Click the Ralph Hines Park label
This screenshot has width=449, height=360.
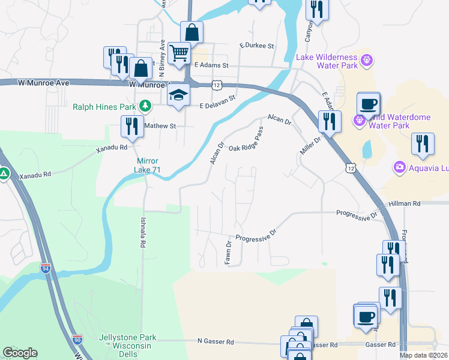(104, 107)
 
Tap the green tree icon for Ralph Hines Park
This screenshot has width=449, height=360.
(145, 106)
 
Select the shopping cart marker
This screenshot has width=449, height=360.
(179, 54)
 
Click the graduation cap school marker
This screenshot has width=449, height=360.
(178, 96)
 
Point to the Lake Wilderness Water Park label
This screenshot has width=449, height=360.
(327, 62)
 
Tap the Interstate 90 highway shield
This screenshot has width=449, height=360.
(77, 339)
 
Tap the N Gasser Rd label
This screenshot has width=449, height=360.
(215, 341)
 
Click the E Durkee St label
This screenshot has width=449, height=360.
(256, 46)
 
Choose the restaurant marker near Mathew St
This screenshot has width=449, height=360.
(130, 127)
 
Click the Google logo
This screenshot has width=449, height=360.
(20, 353)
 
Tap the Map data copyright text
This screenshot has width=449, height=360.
(424, 355)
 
